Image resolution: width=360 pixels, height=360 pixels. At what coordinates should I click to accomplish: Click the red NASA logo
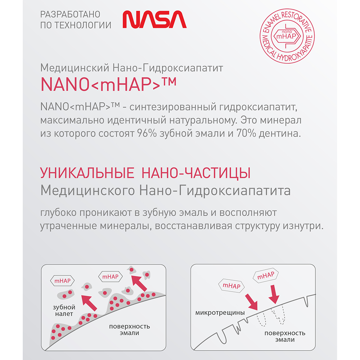tap(154, 19)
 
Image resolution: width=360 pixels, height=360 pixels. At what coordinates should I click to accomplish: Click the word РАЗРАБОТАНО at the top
tap(70, 14)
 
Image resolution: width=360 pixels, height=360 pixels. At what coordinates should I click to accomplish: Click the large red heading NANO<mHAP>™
tap(108, 84)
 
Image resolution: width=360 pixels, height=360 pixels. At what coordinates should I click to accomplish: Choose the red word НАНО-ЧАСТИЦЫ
tap(197, 174)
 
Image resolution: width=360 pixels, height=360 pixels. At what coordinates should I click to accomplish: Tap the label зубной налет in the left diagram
tap(65, 311)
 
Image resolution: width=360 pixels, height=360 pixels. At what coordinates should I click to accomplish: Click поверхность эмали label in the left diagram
tap(130, 330)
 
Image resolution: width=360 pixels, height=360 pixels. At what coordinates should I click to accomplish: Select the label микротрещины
tap(220, 312)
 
